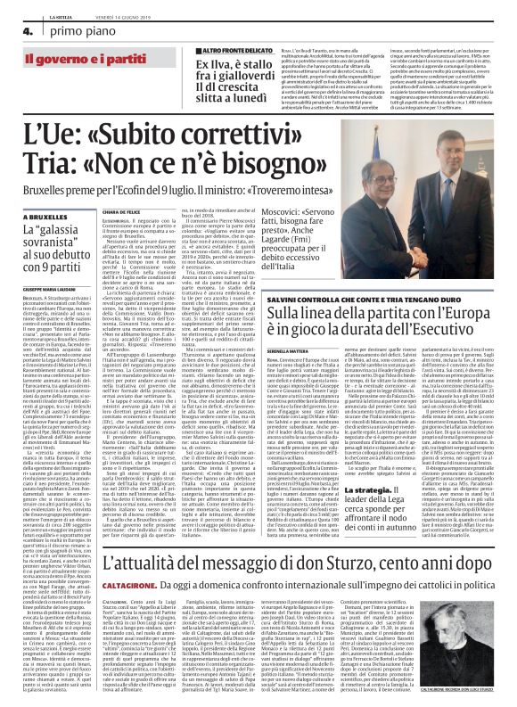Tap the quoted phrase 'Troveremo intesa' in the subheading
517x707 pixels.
tap(286, 191)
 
